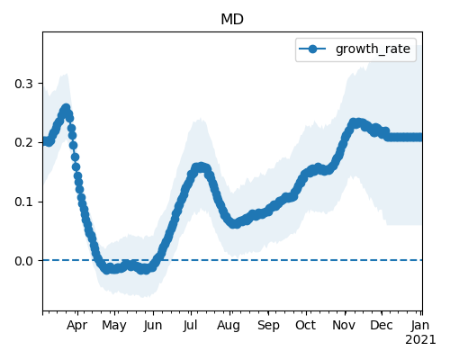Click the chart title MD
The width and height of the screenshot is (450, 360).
232,20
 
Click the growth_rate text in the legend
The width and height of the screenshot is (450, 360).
373,49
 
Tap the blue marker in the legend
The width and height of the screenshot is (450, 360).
312,49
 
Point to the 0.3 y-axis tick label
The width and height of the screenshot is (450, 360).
23,84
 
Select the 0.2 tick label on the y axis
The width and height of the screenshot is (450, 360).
23,142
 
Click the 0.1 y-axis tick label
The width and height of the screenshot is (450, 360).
23,202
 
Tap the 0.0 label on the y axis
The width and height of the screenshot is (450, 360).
23,261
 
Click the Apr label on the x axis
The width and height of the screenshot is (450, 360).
77,326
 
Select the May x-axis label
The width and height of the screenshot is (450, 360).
114,326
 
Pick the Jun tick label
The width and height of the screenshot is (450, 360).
153,326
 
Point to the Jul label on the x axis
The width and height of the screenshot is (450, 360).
190,326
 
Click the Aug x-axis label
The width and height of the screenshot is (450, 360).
229,326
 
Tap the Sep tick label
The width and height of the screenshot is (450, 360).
268,326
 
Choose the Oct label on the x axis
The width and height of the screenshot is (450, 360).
305,326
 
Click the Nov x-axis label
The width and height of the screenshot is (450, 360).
344,326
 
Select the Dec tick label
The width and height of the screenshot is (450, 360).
382,326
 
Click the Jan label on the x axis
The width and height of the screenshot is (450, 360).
420,326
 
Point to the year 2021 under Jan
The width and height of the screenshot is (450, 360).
420,340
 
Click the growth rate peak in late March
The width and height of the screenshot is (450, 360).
66,108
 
